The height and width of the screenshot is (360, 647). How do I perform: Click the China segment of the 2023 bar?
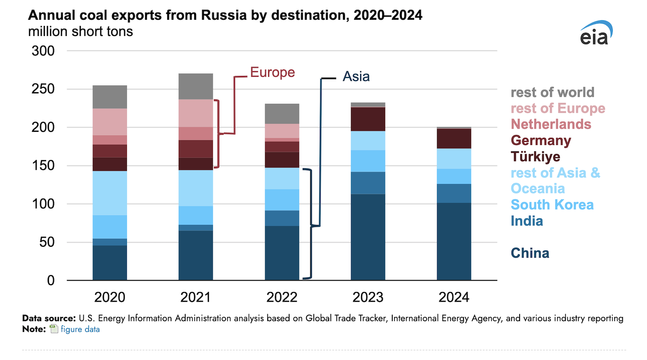click(368, 237)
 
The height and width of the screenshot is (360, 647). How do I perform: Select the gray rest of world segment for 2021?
click(196, 86)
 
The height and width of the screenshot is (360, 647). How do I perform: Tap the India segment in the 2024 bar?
click(454, 193)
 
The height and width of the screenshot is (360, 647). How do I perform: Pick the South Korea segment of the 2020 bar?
click(110, 227)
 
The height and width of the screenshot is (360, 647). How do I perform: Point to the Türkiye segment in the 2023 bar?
click(368, 119)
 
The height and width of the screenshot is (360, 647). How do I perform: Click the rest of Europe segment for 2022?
click(282, 131)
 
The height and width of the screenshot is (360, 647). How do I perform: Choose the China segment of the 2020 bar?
click(110, 263)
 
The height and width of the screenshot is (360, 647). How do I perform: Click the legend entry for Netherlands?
click(551, 124)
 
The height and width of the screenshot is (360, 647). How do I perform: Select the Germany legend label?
click(541, 140)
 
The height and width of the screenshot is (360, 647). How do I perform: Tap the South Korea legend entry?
click(552, 205)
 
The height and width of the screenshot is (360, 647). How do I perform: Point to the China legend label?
click(530, 253)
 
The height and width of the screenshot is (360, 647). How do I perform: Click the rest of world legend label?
click(552, 92)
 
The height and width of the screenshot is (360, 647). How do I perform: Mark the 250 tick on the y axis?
click(43, 89)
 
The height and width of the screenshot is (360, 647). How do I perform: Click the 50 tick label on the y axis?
click(47, 242)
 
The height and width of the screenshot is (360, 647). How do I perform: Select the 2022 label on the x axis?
click(282, 297)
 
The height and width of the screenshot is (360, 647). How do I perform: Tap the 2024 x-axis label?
click(454, 297)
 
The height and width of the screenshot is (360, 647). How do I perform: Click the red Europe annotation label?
click(273, 72)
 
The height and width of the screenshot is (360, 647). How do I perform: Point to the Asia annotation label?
click(356, 76)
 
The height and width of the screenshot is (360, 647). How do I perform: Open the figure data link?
click(80, 329)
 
